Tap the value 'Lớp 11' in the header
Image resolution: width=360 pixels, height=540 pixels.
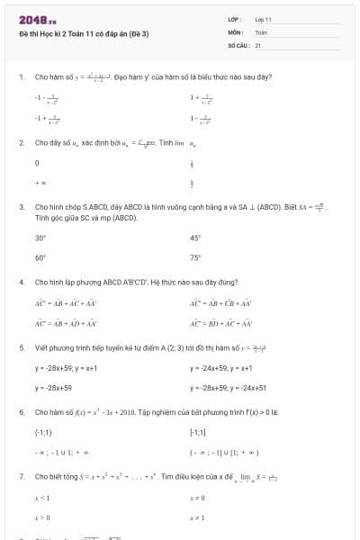tap(263, 19)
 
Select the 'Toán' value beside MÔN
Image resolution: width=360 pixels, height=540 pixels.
tap(261, 31)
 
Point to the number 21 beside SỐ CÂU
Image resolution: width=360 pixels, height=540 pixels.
tap(258, 44)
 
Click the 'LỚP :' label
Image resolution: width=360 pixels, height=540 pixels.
tap(235, 19)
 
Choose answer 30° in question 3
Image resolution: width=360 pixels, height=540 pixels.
tap(40, 238)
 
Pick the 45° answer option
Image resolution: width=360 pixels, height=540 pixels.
tap(195, 238)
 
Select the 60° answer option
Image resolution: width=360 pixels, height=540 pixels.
tap(40, 257)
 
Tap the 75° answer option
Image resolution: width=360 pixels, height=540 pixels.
tap(195, 257)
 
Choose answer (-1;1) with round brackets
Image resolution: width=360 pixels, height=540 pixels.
tap(42, 433)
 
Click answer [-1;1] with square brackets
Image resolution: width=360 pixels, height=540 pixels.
tap(198, 433)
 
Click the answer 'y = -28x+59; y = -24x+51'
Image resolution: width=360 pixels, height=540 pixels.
tap(229, 388)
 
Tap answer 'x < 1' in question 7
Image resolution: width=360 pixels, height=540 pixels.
tap(41, 497)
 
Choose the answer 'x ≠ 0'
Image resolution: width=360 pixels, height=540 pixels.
tap(196, 497)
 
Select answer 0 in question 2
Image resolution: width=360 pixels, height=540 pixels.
tap(37, 163)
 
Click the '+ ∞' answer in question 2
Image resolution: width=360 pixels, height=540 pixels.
tap(40, 183)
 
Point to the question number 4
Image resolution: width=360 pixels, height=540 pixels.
tap(21, 282)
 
